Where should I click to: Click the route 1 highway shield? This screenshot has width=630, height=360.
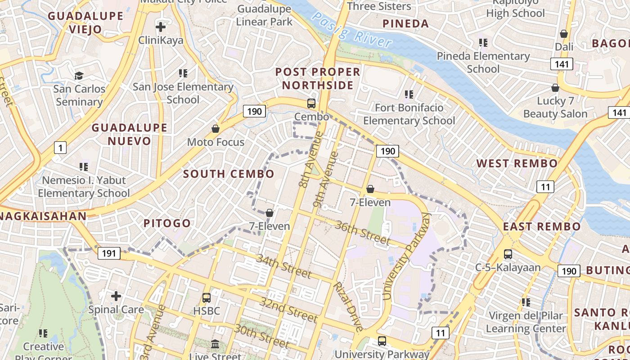click(x=60, y=147)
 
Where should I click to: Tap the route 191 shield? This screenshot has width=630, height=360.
click(x=109, y=253)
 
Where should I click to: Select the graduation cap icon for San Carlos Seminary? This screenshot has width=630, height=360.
click(x=79, y=76)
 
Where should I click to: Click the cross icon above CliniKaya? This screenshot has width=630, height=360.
click(x=161, y=27)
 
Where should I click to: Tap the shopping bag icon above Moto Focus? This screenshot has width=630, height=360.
click(x=216, y=129)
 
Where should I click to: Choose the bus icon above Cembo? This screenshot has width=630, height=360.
click(x=311, y=103)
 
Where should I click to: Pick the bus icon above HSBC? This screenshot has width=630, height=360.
click(x=207, y=298)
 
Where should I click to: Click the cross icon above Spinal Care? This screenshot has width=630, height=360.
click(x=116, y=296)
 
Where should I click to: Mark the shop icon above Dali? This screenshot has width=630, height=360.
click(x=564, y=34)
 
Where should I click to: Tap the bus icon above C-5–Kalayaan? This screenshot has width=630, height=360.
click(x=508, y=254)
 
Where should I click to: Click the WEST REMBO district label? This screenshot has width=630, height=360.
click(x=517, y=163)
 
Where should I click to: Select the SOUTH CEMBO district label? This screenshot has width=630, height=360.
click(x=229, y=174)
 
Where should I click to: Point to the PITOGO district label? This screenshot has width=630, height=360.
click(x=167, y=223)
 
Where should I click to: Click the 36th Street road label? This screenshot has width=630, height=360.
click(x=362, y=233)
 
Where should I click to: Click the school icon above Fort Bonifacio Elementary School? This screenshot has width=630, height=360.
click(x=409, y=94)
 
